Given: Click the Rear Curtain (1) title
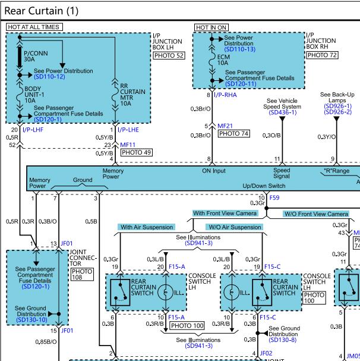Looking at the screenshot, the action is [x=42, y=11].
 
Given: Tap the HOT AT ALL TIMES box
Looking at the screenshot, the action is [x=34, y=27].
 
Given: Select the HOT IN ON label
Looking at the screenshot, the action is [x=211, y=27].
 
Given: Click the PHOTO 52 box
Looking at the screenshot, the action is [x=169, y=56].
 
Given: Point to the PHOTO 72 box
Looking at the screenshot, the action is [x=322, y=55].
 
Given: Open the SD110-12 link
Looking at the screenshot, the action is [x=49, y=77].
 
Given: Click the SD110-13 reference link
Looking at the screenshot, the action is [x=240, y=49].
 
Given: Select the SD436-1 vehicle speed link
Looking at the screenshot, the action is [x=283, y=112].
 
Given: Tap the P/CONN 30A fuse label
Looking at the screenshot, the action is [x=36, y=56].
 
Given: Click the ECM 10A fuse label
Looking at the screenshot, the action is [x=223, y=60].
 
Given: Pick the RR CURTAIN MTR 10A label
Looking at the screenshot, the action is [x=132, y=95].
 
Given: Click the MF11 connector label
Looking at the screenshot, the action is [x=128, y=145].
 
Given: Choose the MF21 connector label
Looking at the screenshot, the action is [x=225, y=126].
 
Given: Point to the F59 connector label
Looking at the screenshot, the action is [x=274, y=197].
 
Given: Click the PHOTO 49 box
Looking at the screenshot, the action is [x=137, y=152].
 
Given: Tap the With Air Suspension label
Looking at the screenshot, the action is [x=147, y=227].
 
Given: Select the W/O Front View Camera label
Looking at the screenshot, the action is [x=316, y=214].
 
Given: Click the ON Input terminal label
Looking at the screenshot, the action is [x=214, y=171].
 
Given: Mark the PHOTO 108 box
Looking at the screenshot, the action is [x=82, y=274].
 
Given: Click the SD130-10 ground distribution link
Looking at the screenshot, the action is [x=31, y=320].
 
